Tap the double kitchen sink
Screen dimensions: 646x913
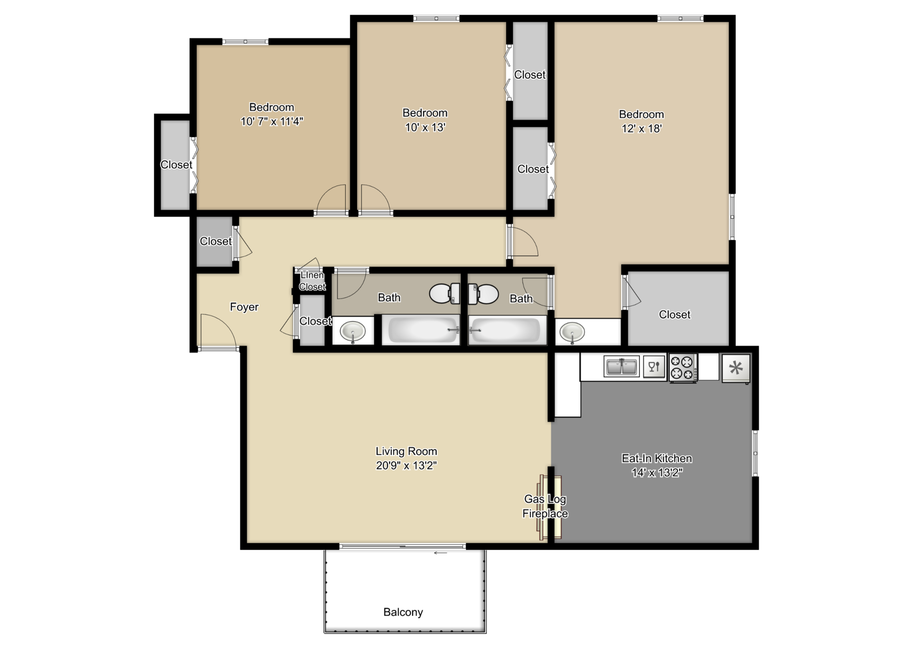click(x=621, y=366)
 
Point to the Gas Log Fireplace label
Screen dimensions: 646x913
click(x=545, y=506)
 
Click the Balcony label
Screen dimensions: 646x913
click(x=403, y=612)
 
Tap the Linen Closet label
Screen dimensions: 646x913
click(x=312, y=281)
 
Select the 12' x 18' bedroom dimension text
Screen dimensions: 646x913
click(x=641, y=128)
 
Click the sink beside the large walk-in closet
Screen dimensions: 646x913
click(x=572, y=332)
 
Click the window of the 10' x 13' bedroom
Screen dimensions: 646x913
click(x=436, y=18)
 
